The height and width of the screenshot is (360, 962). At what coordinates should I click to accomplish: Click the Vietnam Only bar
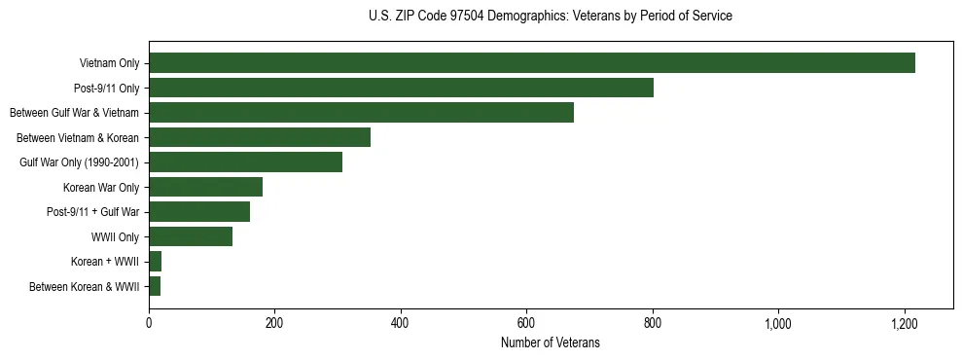(531, 63)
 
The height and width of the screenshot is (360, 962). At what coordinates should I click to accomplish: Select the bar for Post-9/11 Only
(401, 88)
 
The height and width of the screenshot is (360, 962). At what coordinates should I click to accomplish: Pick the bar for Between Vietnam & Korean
(260, 137)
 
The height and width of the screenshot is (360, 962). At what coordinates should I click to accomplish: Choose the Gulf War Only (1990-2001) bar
(245, 162)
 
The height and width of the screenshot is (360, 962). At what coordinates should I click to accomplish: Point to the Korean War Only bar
(205, 187)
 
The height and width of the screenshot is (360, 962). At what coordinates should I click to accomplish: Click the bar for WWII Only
(191, 236)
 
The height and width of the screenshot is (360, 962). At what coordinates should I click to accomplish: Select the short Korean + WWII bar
(156, 262)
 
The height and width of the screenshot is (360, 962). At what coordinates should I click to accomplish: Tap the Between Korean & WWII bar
(155, 286)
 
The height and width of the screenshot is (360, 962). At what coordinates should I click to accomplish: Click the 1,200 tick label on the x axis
(905, 323)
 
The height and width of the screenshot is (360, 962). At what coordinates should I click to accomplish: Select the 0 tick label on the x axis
(149, 323)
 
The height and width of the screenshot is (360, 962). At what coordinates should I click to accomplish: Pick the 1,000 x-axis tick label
(778, 323)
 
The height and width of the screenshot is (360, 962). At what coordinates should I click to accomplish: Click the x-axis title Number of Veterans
(550, 343)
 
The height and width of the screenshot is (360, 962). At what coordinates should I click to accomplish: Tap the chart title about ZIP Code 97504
(551, 17)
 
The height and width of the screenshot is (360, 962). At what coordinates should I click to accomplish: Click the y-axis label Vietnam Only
(109, 64)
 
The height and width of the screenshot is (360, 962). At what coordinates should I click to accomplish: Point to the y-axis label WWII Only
(115, 237)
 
